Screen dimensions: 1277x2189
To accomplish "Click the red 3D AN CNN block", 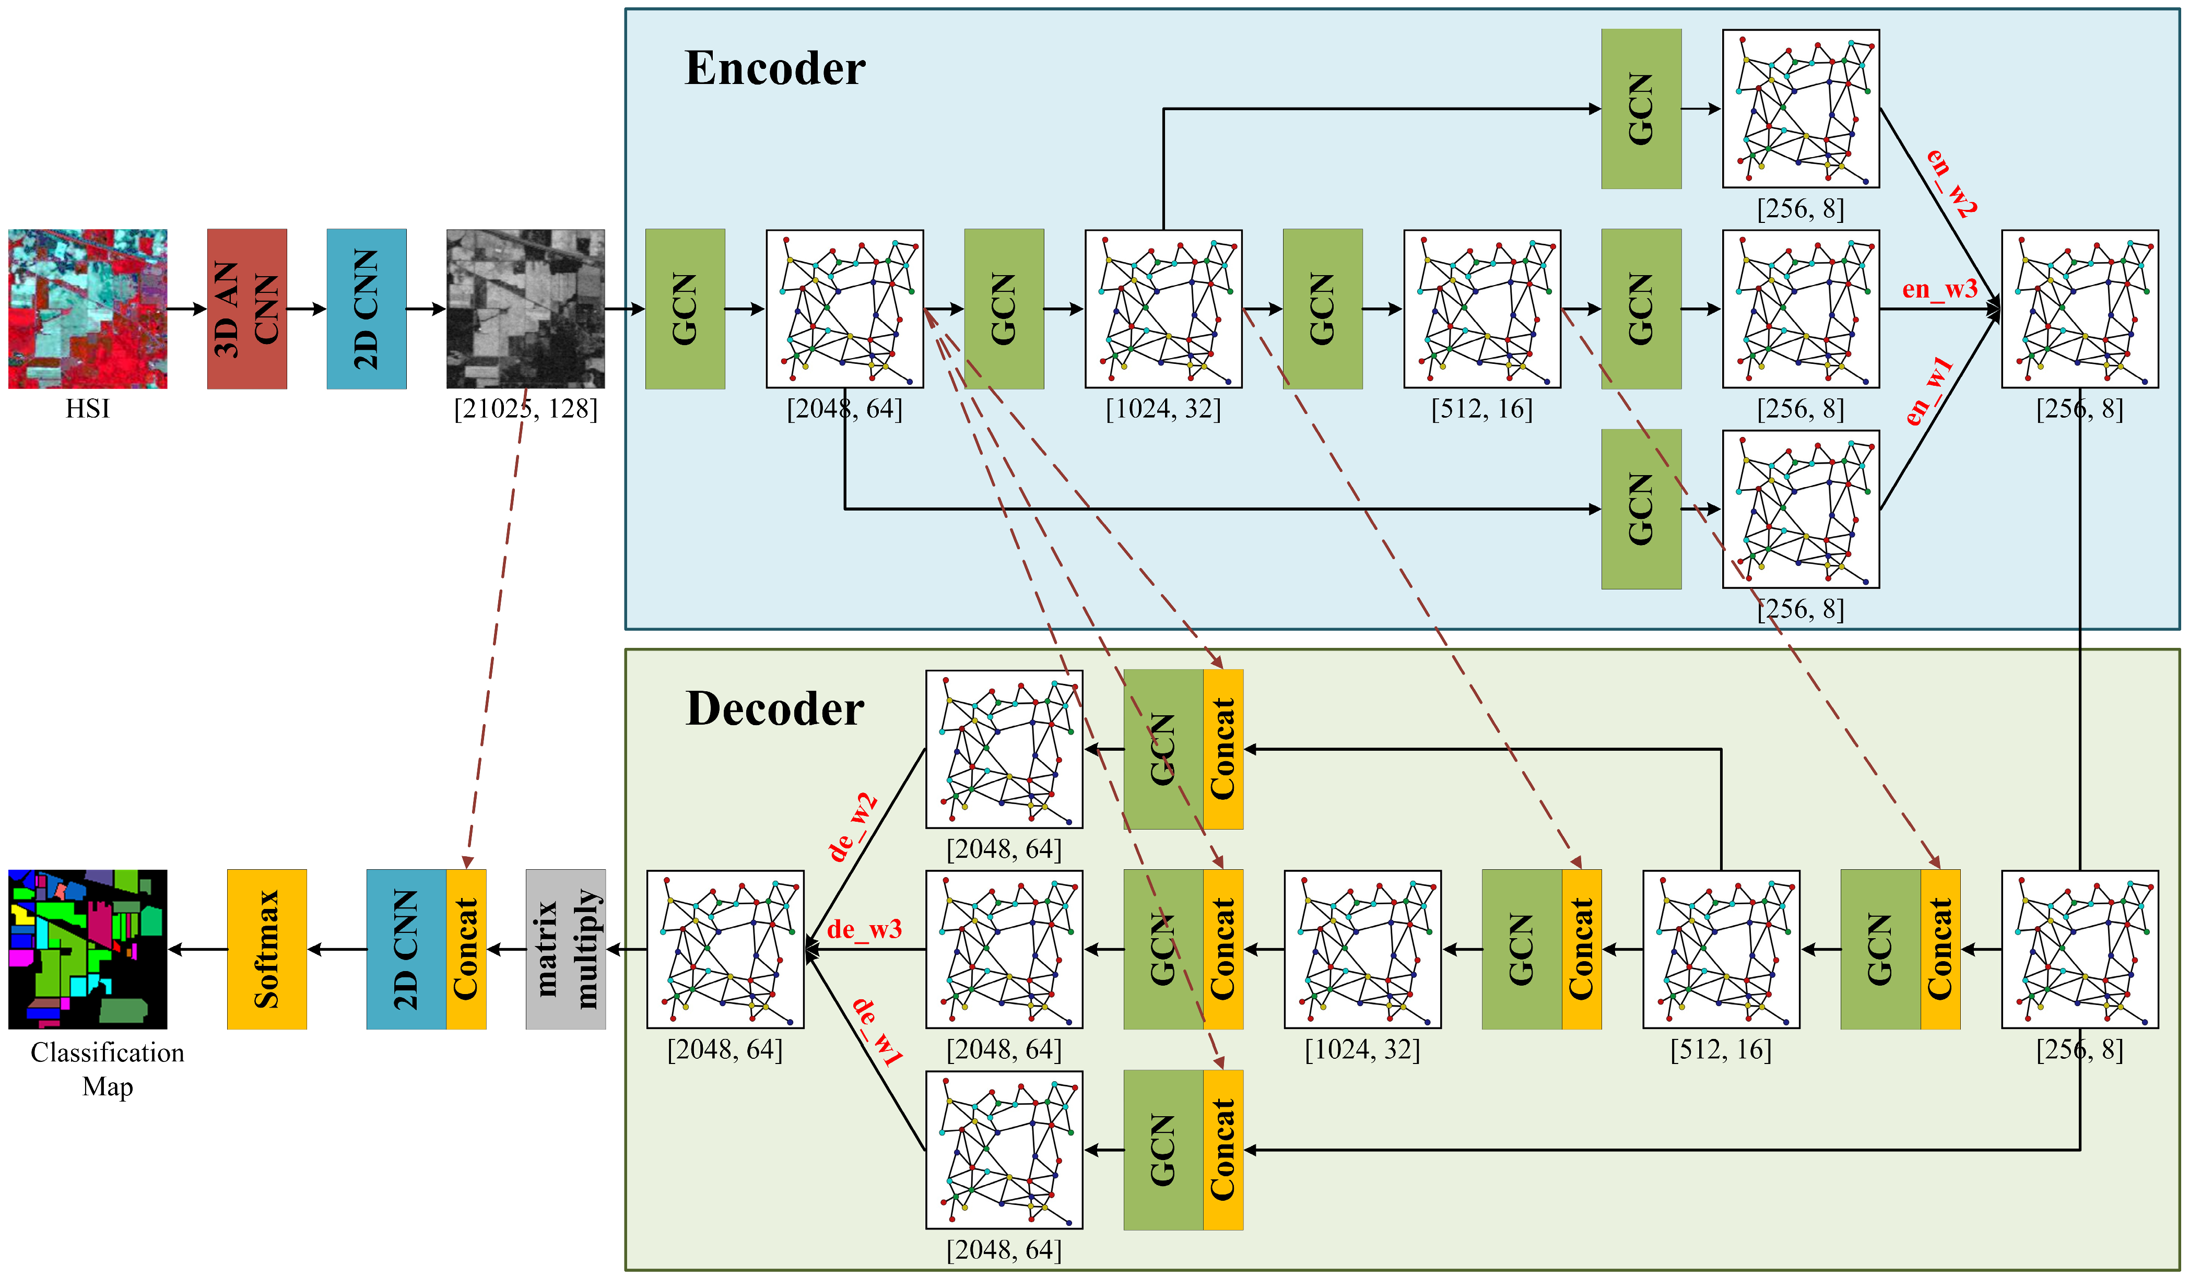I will click(246, 309).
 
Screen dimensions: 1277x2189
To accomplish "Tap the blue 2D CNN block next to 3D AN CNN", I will click(366, 309).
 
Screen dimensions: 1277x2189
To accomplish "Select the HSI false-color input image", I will click(88, 309).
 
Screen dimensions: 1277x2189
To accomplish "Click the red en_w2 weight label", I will click(1951, 182).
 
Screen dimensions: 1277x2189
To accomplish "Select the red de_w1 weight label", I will click(877, 1032).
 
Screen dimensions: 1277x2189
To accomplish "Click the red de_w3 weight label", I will click(864, 929).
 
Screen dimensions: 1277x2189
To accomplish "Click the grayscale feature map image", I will click(525, 309).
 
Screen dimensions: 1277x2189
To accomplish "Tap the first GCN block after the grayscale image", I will click(685, 309).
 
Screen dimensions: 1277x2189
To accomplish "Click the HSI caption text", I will click(88, 408).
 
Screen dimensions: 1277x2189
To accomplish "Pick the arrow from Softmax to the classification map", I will click(197, 950).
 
